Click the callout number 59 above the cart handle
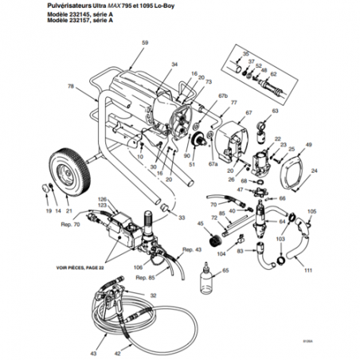pos(144,41)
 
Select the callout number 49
pos(309,144)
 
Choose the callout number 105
pos(311,211)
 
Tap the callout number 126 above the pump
pos(101,198)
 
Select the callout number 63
pos(275,112)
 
